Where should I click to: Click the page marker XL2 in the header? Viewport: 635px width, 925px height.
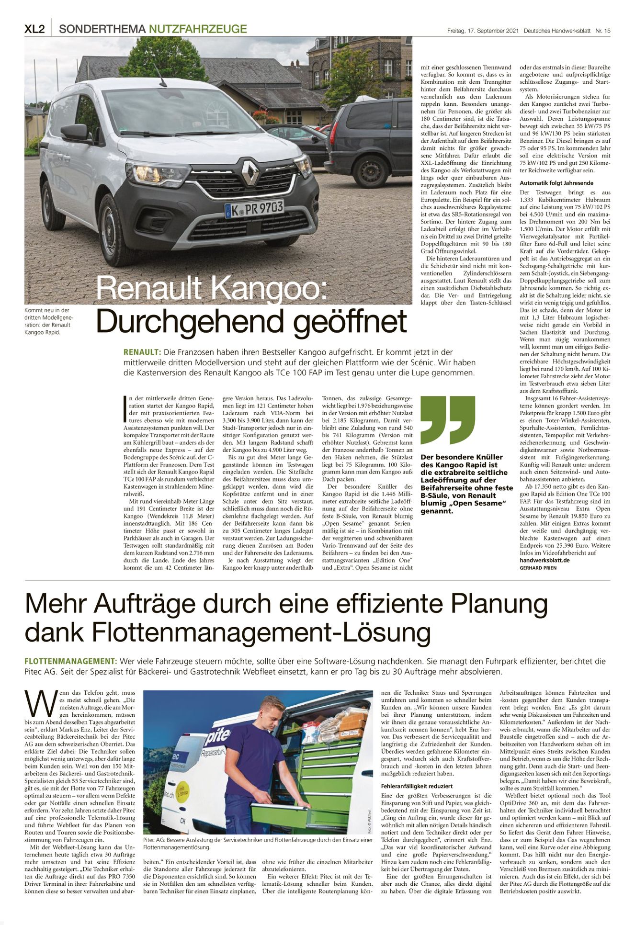34,29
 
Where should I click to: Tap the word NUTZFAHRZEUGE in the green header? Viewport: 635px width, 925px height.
198,29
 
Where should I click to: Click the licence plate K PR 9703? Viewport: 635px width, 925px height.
254,208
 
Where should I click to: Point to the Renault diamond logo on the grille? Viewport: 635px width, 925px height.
249,172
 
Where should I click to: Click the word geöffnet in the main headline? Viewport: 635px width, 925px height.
350,321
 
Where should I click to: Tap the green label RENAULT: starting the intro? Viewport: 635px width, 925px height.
142,352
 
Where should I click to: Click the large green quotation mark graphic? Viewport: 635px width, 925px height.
447,419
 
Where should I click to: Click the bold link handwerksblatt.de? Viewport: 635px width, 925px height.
544,560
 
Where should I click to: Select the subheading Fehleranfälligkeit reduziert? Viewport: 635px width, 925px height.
417,786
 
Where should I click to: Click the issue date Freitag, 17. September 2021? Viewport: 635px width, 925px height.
483,31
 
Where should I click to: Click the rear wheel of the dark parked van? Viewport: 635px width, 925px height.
370,171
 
